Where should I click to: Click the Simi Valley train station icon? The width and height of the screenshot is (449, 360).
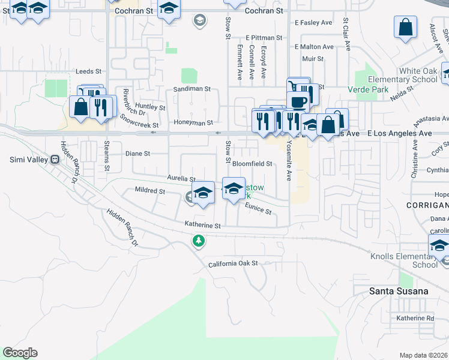point(55,160)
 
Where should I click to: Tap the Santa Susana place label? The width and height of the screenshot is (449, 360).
point(399,291)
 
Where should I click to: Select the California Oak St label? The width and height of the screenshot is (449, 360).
point(233,263)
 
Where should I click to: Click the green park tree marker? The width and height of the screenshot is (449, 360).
point(199,241)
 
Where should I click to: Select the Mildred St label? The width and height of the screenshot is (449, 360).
point(149,191)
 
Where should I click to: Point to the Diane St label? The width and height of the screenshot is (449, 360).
point(137,154)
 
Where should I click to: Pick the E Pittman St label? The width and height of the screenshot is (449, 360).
point(263,38)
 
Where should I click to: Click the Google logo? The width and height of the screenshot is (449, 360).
point(20,353)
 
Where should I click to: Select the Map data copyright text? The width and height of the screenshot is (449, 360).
point(424,355)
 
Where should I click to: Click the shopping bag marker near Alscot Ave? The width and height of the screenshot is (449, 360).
point(406,27)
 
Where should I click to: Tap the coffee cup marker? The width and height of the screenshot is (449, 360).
point(298,101)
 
